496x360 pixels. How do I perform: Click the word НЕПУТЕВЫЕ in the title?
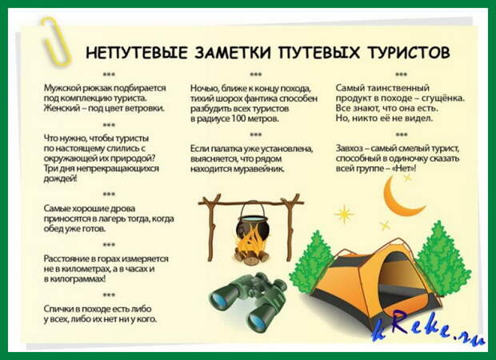click(137, 53)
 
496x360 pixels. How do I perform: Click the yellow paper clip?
click(56, 41)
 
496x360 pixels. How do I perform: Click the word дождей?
click(60, 179)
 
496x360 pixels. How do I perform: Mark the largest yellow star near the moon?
click(344, 214)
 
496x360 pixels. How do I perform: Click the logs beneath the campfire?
click(251, 256)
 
